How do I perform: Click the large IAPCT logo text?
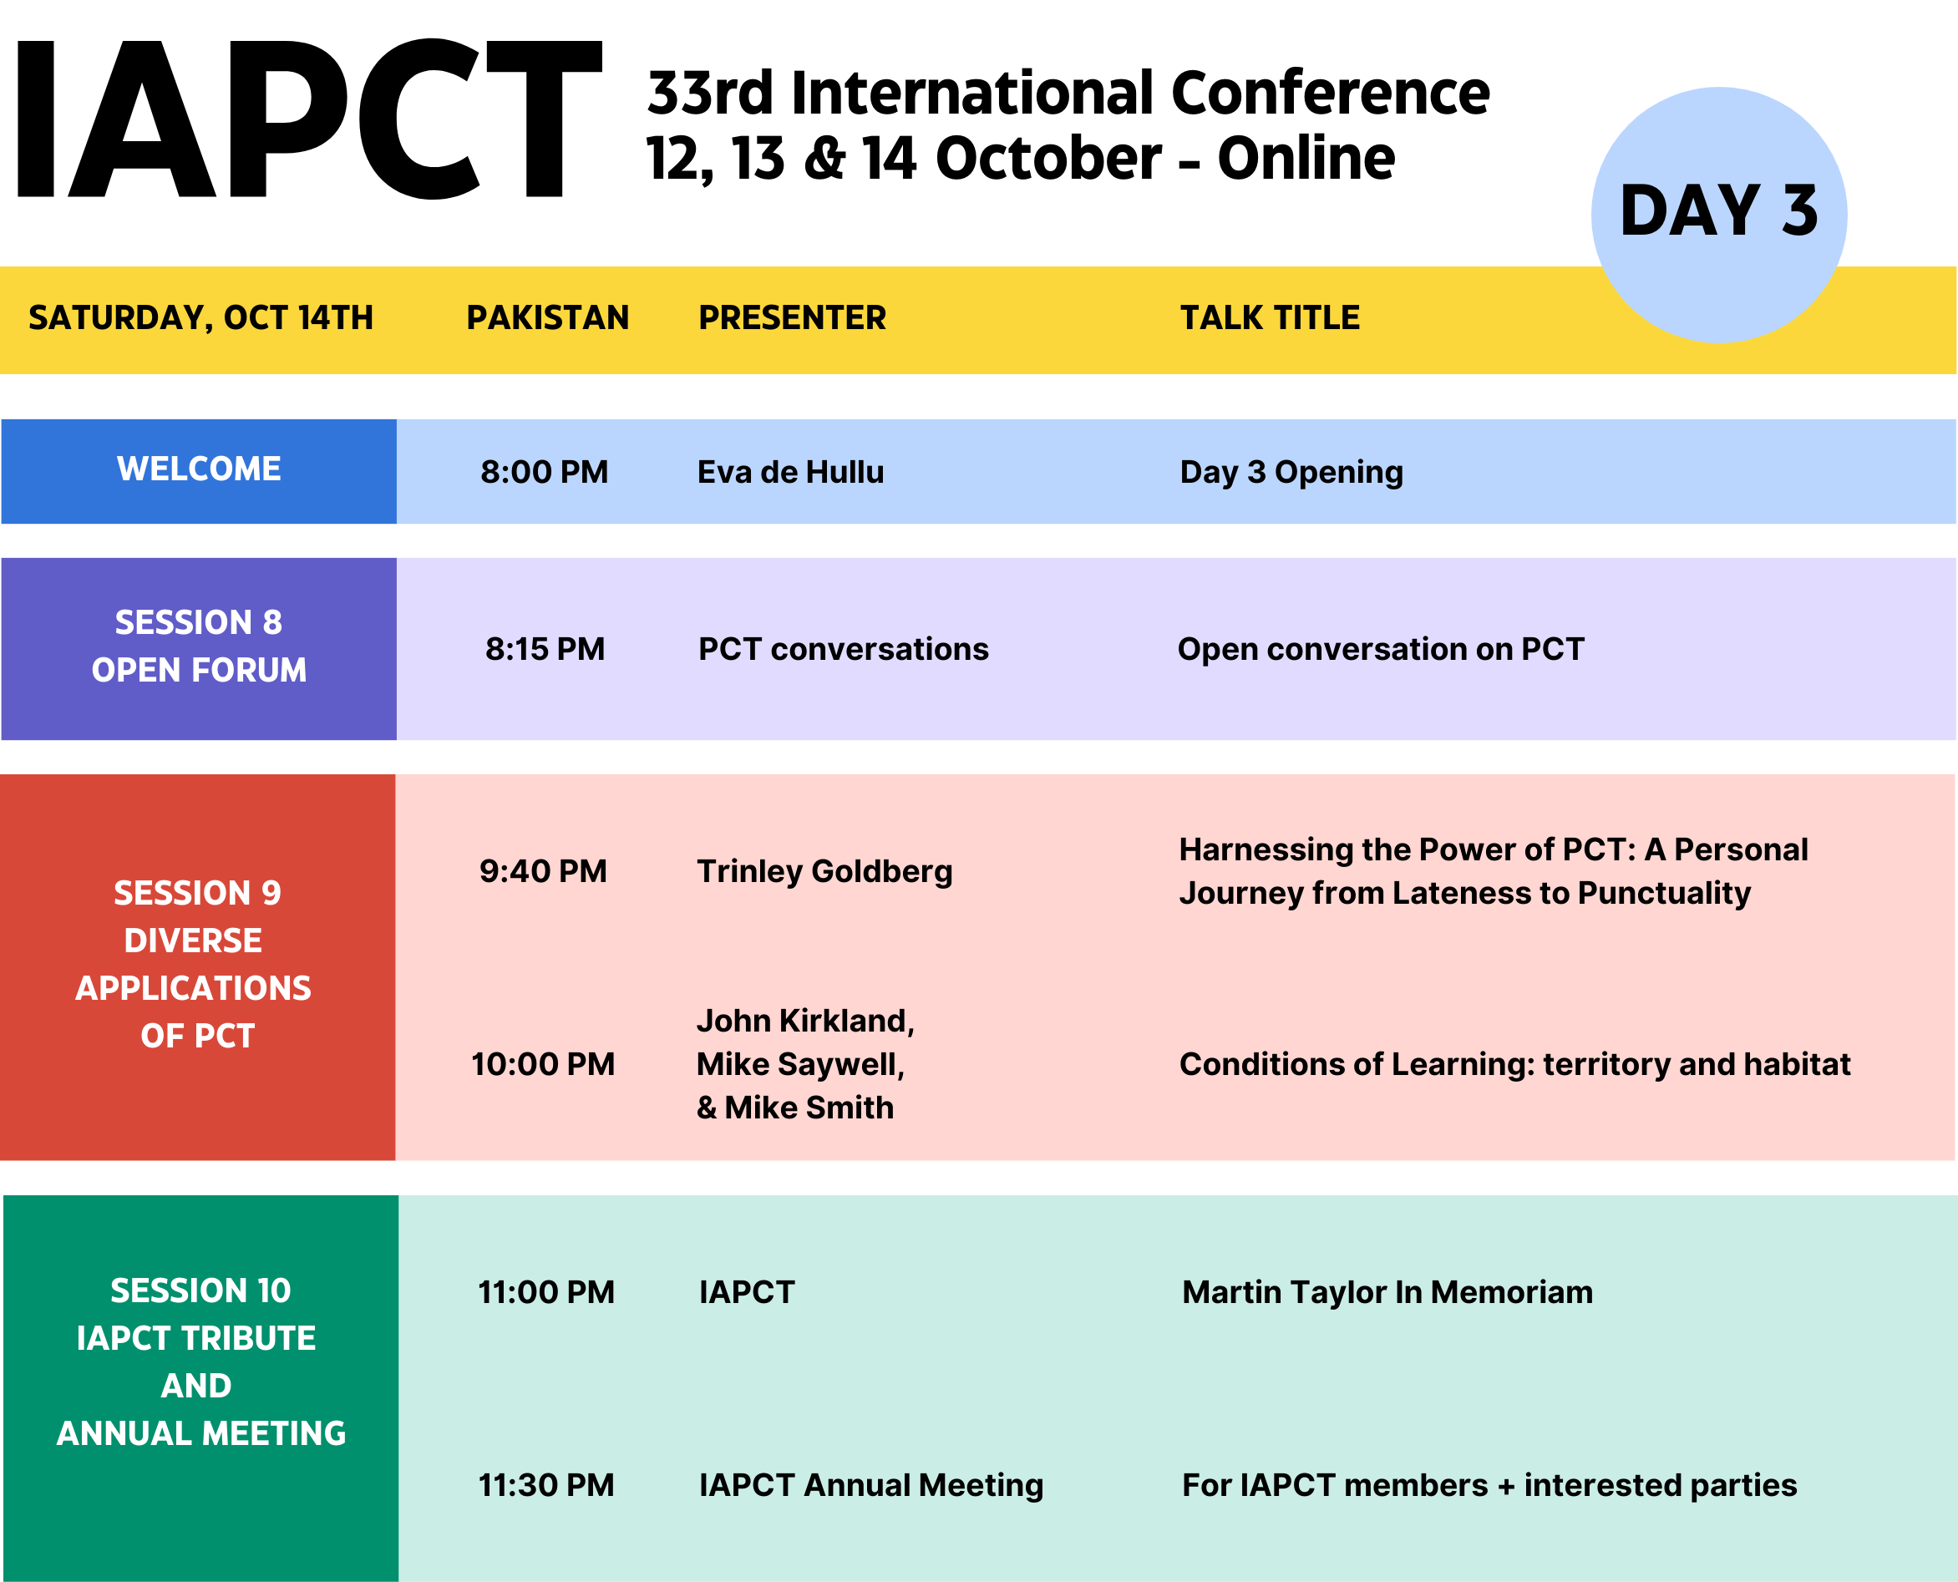(x=310, y=119)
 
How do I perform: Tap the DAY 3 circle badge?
(x=1719, y=215)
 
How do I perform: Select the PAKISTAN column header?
(x=548, y=318)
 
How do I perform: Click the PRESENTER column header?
(x=792, y=318)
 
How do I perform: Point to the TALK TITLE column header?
(x=1270, y=318)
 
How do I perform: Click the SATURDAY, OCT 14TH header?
(x=200, y=318)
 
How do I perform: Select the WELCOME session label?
(x=199, y=469)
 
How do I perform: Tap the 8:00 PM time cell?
(x=544, y=472)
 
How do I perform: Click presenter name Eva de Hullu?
(x=790, y=472)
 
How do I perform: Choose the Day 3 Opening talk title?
(x=1291, y=472)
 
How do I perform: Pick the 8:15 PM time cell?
(x=545, y=649)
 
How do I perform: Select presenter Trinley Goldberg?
(x=824, y=872)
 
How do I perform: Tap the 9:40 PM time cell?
(x=543, y=871)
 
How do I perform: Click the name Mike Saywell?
(x=800, y=1064)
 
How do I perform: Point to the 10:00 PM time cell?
(x=543, y=1064)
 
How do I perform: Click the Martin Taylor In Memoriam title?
(x=1387, y=1292)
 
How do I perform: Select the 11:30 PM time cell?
(x=545, y=1485)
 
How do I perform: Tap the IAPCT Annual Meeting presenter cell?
(x=871, y=1486)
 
